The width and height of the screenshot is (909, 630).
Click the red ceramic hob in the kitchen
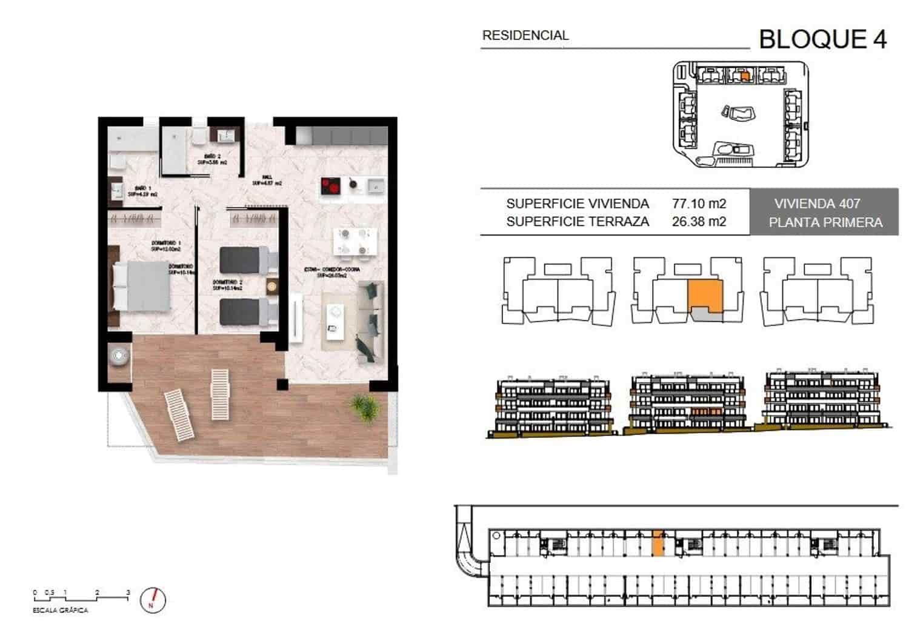[330, 185]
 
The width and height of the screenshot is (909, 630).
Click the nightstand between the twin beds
[271, 285]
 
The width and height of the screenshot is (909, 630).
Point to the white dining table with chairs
[353, 242]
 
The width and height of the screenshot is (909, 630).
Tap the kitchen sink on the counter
[376, 185]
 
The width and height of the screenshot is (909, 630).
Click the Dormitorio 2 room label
[227, 285]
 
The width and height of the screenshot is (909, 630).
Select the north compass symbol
[153, 599]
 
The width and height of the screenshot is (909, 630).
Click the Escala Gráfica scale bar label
[60, 610]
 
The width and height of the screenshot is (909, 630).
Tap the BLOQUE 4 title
[822, 39]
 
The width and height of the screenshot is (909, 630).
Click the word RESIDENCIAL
[525, 36]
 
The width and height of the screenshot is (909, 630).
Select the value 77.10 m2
[699, 204]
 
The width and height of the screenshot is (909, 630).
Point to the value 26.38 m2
[699, 222]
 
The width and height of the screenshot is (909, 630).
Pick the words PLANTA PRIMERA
[825, 223]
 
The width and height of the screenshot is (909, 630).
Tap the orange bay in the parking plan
[658, 543]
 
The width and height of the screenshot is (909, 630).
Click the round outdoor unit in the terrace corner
[119, 356]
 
